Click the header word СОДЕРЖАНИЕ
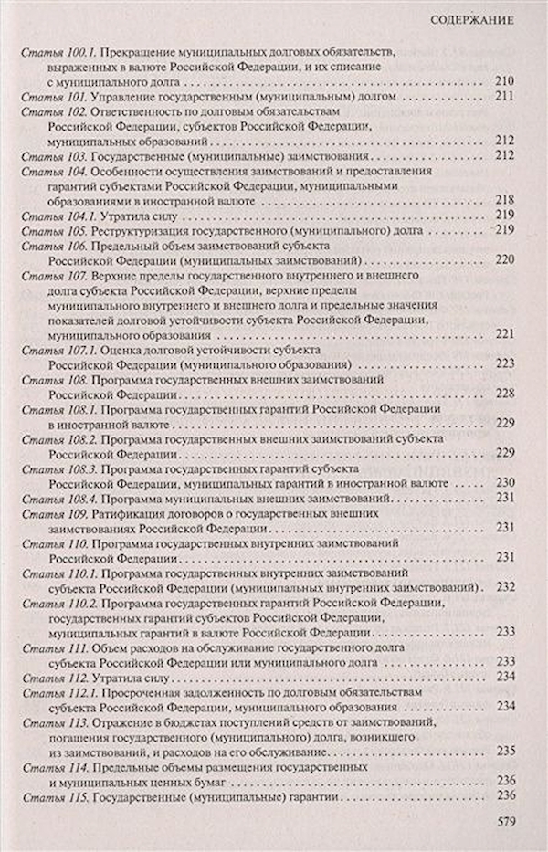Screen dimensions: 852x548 tap(469, 20)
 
